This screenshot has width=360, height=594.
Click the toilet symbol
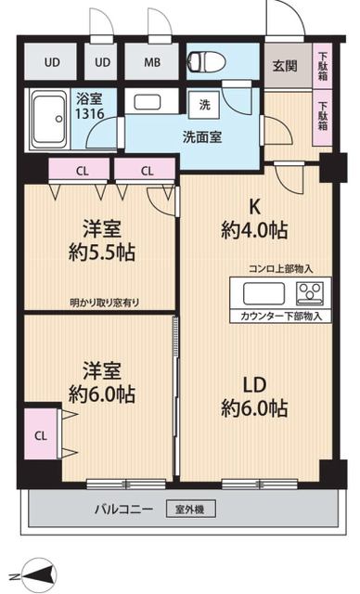207,62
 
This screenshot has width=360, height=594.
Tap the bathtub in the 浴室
49,120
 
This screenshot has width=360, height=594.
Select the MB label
152,62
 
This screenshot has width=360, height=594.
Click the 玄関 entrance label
285,66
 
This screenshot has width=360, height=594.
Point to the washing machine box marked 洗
204,105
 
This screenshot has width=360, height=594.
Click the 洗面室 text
202,136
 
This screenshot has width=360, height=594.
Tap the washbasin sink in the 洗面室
148,102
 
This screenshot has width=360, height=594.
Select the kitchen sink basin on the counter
264,293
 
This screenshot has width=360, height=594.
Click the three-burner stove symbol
310,293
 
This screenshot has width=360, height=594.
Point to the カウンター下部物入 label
281,316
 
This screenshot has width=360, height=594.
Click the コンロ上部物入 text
280,269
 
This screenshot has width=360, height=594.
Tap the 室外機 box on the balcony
191,510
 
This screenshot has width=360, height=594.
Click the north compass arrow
39,575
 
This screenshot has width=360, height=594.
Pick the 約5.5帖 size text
102,252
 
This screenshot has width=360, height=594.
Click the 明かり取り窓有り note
105,303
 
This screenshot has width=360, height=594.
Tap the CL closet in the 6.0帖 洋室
41,435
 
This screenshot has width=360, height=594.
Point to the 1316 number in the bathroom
90,113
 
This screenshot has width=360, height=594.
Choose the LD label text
254,385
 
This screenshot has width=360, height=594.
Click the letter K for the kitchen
254,207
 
